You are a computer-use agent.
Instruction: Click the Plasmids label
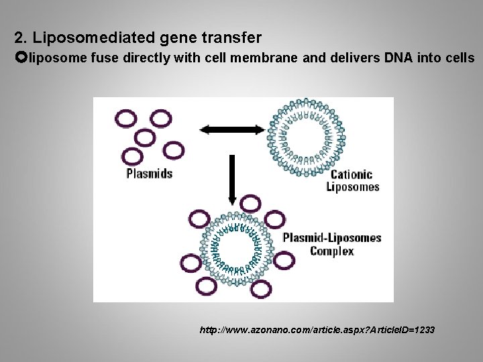pos(150,173)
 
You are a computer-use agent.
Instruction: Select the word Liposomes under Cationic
pos(353,187)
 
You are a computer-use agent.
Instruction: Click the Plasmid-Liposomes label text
pos(332,237)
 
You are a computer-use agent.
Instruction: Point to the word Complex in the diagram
pos(332,251)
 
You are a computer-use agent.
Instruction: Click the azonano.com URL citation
pos(317,330)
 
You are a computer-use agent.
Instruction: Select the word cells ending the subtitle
pos(458,58)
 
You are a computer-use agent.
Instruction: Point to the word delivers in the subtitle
pos(352,58)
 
